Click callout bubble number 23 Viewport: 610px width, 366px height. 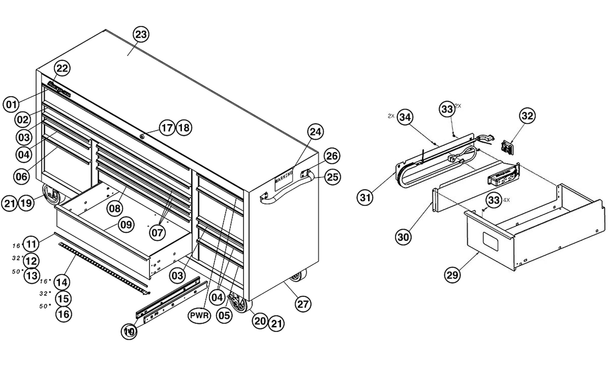click(x=141, y=34)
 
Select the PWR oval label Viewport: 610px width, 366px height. click(x=199, y=315)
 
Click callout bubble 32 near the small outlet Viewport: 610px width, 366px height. click(x=527, y=116)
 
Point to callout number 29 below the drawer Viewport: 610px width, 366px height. click(x=452, y=275)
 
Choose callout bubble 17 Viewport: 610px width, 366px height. click(x=167, y=127)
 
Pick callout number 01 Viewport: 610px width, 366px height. click(x=11, y=105)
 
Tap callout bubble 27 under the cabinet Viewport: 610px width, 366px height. click(x=303, y=304)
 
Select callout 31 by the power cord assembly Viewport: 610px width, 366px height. click(x=365, y=198)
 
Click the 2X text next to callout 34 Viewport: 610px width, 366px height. click(x=391, y=116)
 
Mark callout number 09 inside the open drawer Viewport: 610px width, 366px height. click(x=126, y=225)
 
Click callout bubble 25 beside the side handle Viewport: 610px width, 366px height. click(x=332, y=177)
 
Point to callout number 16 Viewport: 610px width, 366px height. click(x=64, y=314)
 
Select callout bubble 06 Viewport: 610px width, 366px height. click(x=22, y=176)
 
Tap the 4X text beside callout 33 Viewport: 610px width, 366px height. click(x=507, y=200)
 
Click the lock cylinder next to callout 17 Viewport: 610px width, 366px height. click(x=142, y=136)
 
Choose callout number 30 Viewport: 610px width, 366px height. click(x=403, y=237)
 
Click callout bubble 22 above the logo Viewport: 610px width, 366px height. click(x=62, y=68)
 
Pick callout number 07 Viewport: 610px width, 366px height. click(x=157, y=233)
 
